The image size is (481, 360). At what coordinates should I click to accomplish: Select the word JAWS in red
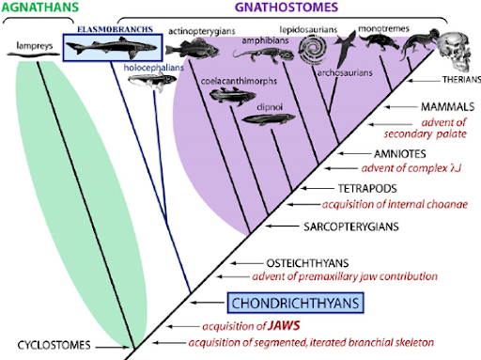(x=263, y=326)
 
